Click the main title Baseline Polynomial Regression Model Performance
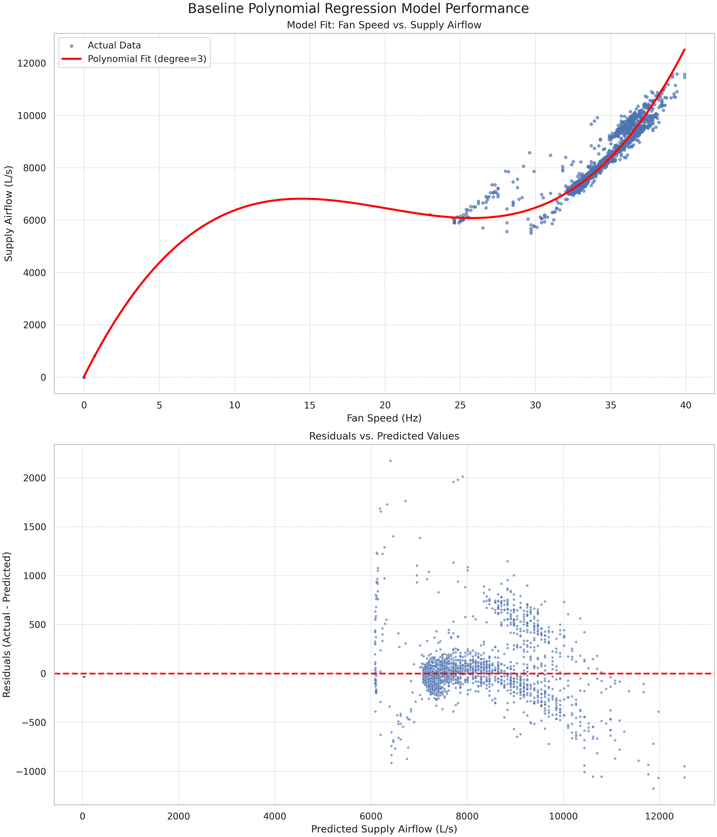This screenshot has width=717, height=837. pos(358,9)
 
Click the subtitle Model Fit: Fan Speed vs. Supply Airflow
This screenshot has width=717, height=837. pos(384,25)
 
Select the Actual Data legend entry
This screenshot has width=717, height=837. pos(114,46)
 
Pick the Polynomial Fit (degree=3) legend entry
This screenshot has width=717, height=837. pos(147,59)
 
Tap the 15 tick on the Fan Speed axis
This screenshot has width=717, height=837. pos(310,405)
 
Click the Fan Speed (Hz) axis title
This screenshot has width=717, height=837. pos(384,418)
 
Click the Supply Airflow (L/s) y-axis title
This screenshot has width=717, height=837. pos(9,213)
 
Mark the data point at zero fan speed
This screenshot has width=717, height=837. pos(84,377)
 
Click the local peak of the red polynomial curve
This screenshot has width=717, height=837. pos(301,198)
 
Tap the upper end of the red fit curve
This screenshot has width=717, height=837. pos(684,50)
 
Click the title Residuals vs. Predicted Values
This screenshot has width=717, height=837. pos(384,436)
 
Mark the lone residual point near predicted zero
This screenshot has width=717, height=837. pos(84,677)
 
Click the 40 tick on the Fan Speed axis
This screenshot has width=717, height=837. pos(686,405)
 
